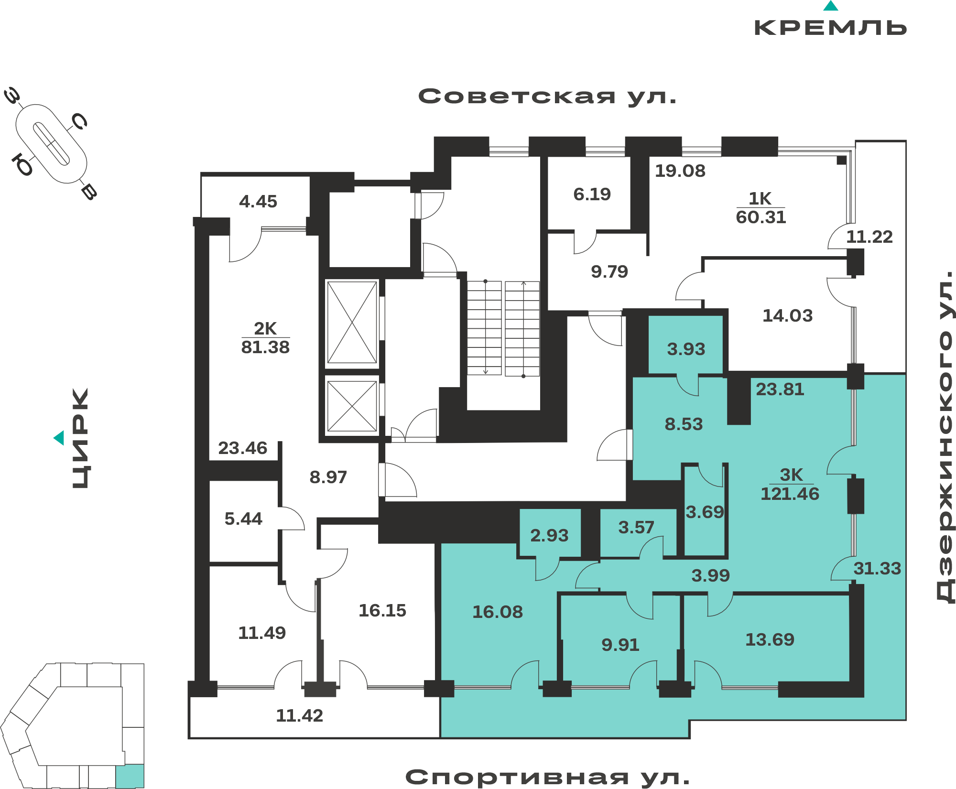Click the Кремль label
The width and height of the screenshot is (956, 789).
830,28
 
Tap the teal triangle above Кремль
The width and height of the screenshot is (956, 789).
831,6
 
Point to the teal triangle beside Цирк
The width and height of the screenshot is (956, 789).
59,438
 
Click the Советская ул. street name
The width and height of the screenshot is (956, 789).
547,97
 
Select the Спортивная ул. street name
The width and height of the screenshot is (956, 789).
547,778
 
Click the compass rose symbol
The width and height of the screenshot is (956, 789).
51,144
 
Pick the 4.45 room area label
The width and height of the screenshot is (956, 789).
258,201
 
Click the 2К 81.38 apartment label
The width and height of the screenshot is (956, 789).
265,337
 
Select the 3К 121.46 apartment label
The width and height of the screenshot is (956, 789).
790,484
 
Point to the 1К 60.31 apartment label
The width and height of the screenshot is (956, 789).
760,207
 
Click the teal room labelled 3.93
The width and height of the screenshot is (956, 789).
685,345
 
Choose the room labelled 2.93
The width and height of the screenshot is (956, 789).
550,532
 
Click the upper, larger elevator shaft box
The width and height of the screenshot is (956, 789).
352,323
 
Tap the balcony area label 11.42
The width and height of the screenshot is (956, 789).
300,715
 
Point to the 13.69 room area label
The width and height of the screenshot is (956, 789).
770,639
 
